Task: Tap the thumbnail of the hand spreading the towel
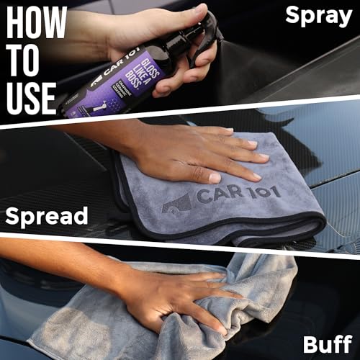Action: (209, 155)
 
